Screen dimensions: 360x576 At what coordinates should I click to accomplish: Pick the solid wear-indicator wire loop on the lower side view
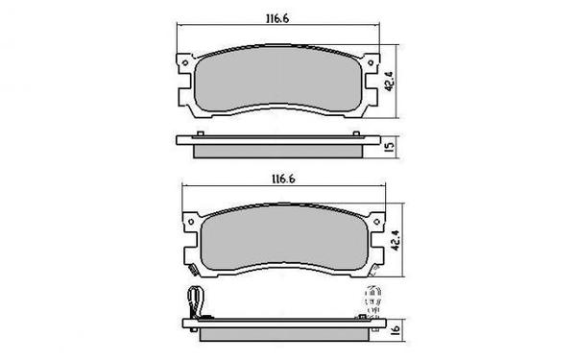tap(198, 302)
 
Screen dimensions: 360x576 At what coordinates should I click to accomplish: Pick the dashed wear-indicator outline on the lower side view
tap(369, 301)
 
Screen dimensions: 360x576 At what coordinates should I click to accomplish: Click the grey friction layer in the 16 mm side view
tap(278, 333)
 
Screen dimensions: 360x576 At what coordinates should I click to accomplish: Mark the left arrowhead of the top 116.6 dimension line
tap(180, 25)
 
